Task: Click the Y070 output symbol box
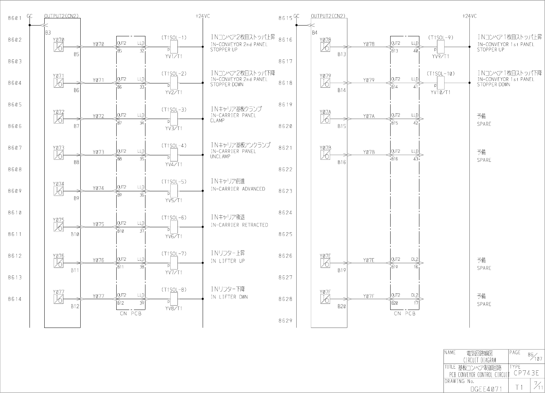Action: coord(58,47)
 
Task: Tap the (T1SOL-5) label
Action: coord(174,182)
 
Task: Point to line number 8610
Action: coord(15,213)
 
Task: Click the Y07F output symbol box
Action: coord(325,299)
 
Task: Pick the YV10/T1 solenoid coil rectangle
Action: coord(441,82)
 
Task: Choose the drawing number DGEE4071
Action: coord(485,389)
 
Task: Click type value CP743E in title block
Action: coord(526,373)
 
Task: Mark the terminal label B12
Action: coord(75,306)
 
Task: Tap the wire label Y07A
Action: coord(369,116)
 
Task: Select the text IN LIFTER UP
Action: coord(228,261)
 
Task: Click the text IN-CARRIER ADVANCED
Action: coord(238,189)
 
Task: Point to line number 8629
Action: coord(285,321)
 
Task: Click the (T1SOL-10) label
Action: coord(441,74)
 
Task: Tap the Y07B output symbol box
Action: coord(325,155)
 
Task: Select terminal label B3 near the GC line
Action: coord(48,32)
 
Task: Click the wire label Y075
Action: coord(98,224)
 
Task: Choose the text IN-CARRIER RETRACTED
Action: coord(239,225)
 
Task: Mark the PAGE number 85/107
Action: coord(534,356)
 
